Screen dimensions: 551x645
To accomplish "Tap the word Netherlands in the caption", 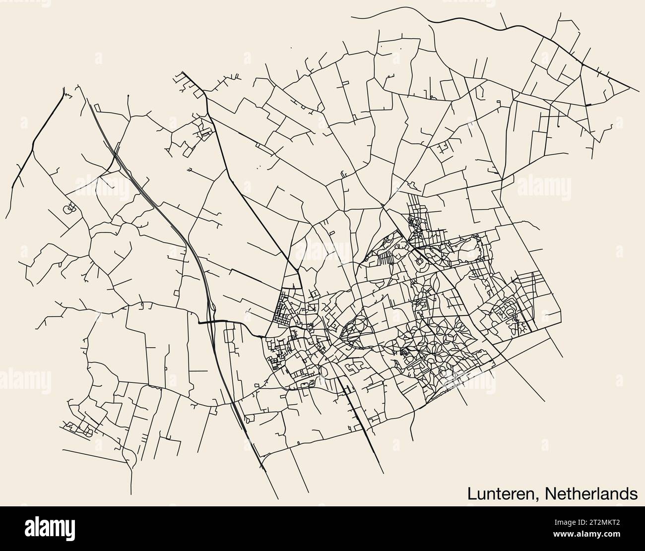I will point(590,493).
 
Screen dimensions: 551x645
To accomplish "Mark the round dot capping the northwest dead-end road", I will point(128,95).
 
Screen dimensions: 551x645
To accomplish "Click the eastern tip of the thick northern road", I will point(638,91).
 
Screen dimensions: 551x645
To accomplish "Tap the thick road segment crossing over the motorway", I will point(218,322).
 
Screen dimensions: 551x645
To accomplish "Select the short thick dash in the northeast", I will point(588,105).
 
